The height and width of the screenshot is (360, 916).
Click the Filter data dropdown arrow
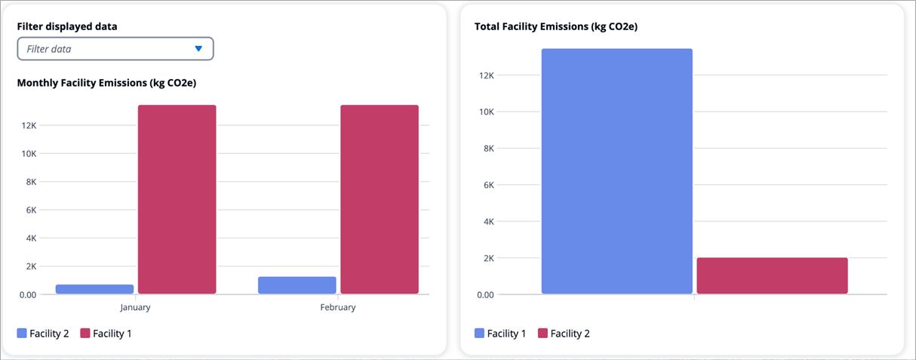coord(198,49)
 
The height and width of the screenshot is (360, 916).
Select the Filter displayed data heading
coord(67,26)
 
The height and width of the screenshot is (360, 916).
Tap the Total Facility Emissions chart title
coord(556,26)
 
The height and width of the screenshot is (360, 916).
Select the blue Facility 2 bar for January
coord(95,289)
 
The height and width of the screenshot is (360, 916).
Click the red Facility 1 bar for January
coord(177,199)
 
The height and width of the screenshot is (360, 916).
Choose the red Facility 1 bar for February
coord(380,199)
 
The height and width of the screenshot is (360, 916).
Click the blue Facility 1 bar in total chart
coord(616,171)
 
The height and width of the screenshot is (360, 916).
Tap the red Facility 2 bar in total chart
coord(772,275)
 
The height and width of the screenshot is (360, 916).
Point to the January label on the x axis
coord(136,307)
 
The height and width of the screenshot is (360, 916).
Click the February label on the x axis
coord(338,307)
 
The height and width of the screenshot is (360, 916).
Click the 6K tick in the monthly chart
coord(30,210)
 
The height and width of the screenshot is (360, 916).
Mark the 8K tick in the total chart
coord(487,149)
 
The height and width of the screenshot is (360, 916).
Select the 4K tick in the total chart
coord(487,222)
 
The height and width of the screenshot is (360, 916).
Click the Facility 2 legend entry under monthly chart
coord(43,333)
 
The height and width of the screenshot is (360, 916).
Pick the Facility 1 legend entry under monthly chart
coord(106,333)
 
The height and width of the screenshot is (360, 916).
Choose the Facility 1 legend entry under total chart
coord(500,333)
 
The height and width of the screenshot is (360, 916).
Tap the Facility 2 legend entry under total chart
coord(564,333)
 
